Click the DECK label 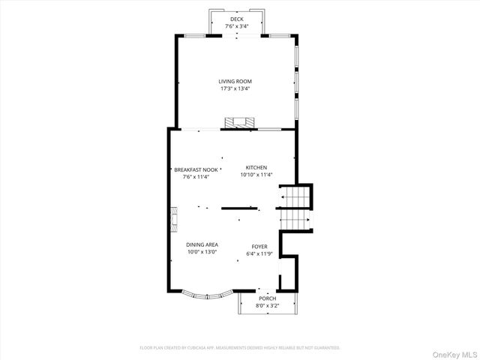click(x=236, y=19)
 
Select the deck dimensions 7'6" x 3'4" click(x=236, y=26)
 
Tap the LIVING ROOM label click(x=235, y=81)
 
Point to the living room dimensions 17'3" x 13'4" click(x=235, y=88)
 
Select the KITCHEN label click(x=256, y=167)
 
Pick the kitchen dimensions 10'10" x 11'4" click(x=256, y=175)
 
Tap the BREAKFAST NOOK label click(x=196, y=169)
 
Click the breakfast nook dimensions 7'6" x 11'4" click(x=196, y=177)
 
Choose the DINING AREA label click(x=202, y=244)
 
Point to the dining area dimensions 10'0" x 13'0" click(x=202, y=252)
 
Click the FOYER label click(x=259, y=247)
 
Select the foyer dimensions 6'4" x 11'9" click(x=259, y=254)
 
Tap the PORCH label click(x=268, y=298)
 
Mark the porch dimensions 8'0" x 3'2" click(x=268, y=306)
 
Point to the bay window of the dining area click(x=202, y=295)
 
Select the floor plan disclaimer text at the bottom click(x=240, y=348)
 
